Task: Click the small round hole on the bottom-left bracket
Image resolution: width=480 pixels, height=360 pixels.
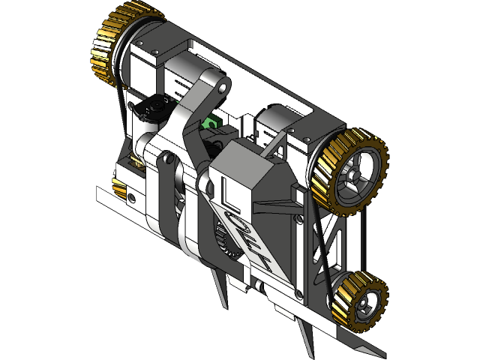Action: click(132, 197)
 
